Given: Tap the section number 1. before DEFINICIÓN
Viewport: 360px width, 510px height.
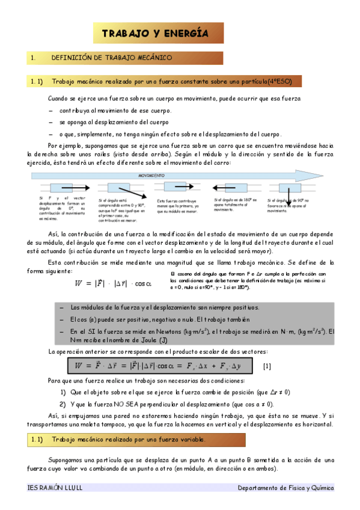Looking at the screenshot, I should pyautogui.click(x=34, y=58).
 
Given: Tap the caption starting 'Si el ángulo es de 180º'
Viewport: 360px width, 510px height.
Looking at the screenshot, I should pyautogui.click(x=235, y=204).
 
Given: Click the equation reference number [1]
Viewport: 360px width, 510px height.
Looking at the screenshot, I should pyautogui.click(x=267, y=366).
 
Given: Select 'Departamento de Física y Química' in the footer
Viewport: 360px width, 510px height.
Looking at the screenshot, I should pyautogui.click(x=285, y=488).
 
